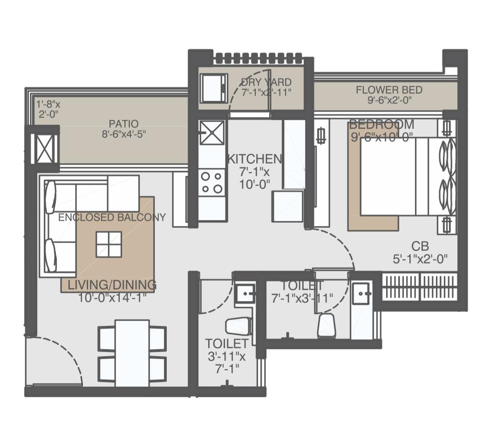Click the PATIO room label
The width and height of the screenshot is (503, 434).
click(x=123, y=123)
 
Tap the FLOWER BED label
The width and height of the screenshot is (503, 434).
click(x=389, y=90)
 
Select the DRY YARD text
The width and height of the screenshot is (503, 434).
click(x=266, y=82)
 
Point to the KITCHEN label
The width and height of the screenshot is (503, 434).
click(x=255, y=159)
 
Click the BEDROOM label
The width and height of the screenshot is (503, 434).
click(x=381, y=124)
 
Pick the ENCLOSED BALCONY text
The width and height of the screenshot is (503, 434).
click(x=112, y=217)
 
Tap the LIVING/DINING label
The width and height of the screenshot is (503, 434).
click(x=112, y=285)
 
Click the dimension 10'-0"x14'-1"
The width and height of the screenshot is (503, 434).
click(x=112, y=298)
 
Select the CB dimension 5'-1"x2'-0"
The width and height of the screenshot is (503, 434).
click(x=420, y=258)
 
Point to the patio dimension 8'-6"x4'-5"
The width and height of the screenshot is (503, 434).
click(x=124, y=134)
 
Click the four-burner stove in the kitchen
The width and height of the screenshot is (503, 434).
click(x=211, y=183)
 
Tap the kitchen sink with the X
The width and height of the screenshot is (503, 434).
click(x=211, y=132)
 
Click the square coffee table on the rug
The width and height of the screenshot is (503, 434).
click(x=109, y=244)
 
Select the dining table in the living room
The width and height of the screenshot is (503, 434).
click(x=132, y=353)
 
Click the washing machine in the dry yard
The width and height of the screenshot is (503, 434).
click(x=214, y=88)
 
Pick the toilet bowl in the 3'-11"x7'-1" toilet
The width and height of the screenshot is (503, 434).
click(x=238, y=326)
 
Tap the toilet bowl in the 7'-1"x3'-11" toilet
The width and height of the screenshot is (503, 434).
click(x=326, y=325)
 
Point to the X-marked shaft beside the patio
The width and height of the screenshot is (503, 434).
click(x=44, y=149)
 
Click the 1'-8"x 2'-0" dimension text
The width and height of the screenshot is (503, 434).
click(x=48, y=109)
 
